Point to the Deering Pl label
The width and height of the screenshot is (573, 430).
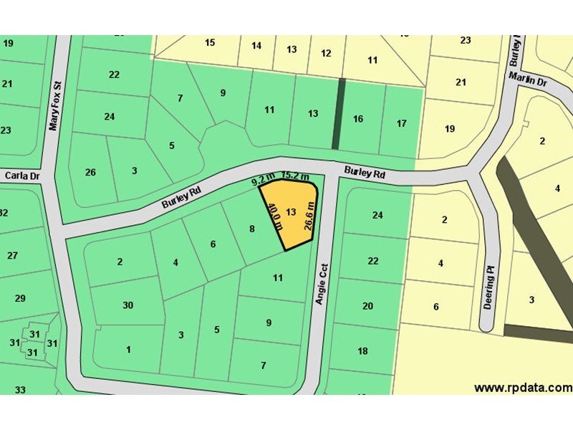490,286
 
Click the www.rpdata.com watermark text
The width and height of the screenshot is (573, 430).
523,388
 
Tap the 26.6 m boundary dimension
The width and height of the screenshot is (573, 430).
309,215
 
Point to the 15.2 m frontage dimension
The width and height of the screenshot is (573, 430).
295,176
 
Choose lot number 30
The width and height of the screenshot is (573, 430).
127,305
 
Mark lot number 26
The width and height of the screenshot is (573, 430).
90,172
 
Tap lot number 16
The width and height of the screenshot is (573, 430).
358,119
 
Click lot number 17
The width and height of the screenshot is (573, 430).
402,123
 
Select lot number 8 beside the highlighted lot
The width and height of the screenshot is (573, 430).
251,229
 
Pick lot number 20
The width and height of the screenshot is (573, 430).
367,306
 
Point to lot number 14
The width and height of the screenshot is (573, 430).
256,46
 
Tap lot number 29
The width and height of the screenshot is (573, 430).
20,298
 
